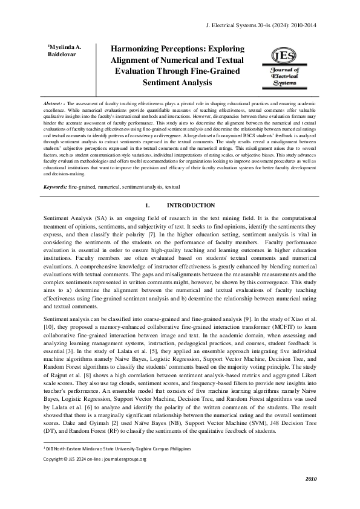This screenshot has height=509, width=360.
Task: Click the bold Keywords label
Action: click(x=55, y=187)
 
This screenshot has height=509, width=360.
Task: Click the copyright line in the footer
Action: click(x=95, y=459)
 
